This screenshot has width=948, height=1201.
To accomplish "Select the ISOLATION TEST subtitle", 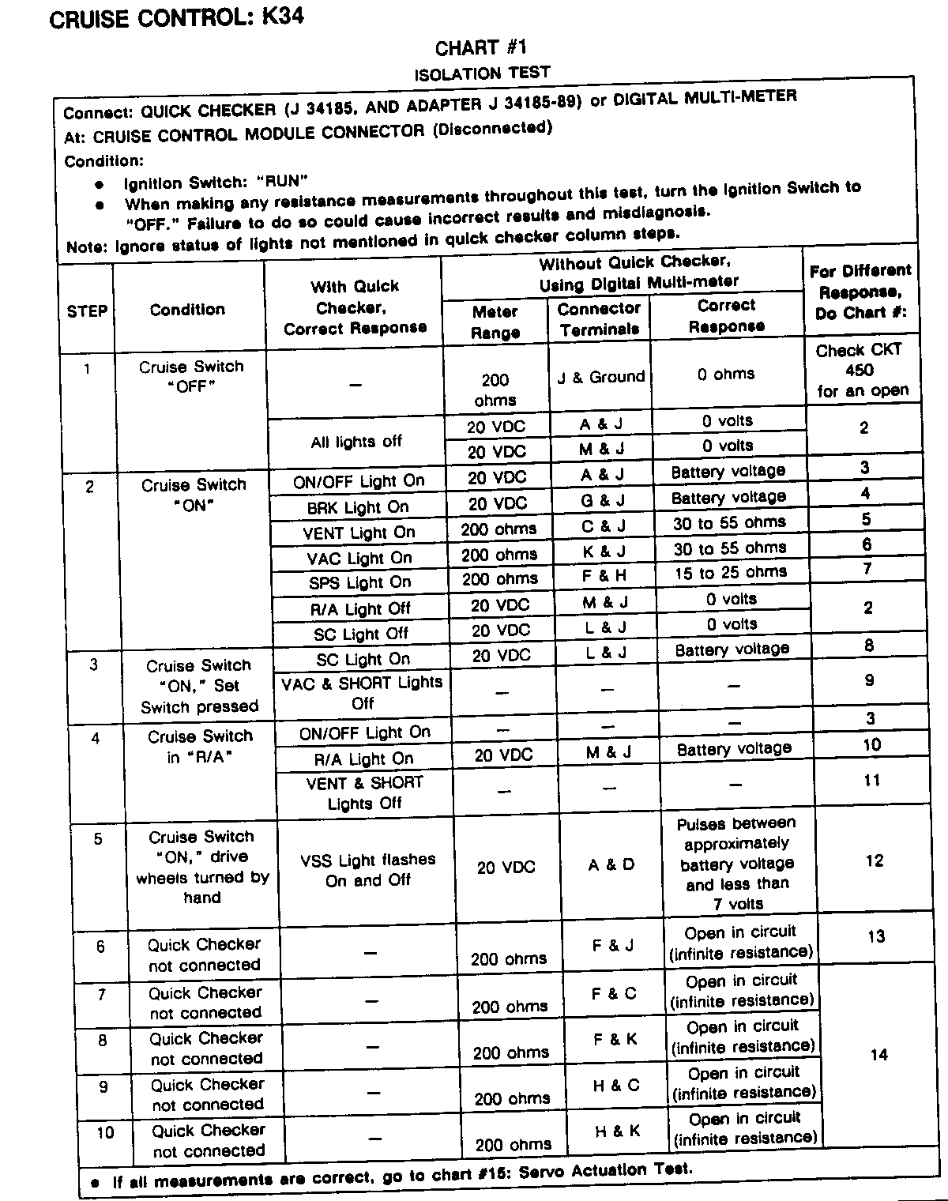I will click(x=482, y=73).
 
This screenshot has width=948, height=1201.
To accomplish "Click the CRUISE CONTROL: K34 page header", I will click(x=176, y=18).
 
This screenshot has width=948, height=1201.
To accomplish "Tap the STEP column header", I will click(x=87, y=311).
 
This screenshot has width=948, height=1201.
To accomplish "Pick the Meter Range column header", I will click(x=495, y=322).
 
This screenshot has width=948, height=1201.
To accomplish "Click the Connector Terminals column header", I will click(x=599, y=319).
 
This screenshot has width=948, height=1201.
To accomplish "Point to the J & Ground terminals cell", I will click(x=600, y=377).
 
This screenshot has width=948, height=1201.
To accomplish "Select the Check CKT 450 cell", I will click(x=862, y=370).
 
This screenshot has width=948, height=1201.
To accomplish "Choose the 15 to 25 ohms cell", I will click(x=730, y=573).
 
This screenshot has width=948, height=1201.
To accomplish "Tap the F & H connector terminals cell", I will click(x=603, y=575).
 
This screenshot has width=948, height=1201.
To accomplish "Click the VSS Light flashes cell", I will click(x=367, y=869).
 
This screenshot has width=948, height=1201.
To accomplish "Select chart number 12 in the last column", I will click(x=874, y=860).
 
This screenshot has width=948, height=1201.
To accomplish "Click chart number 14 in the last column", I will click(x=878, y=1054).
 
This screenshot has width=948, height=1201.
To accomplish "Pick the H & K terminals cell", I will click(x=617, y=1131).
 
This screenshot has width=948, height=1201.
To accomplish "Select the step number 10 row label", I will click(x=105, y=1132).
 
